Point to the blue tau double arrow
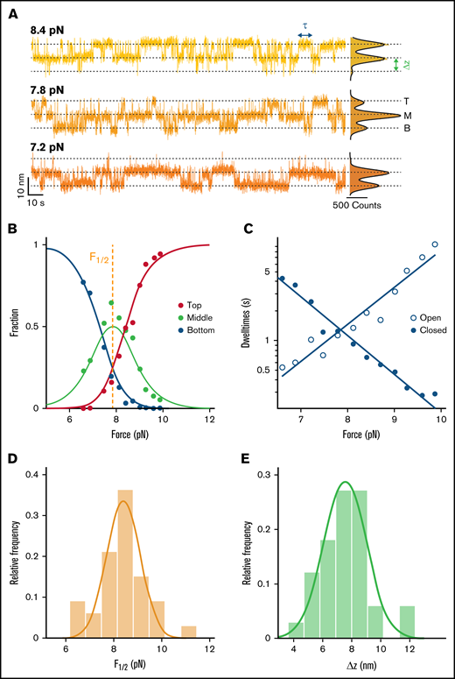click(305, 34)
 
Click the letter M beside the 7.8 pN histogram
click(407, 116)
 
